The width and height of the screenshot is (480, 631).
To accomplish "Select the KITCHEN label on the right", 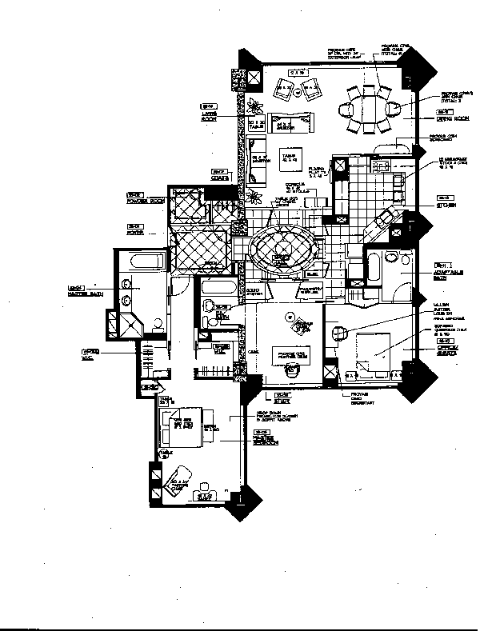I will pos(446,205).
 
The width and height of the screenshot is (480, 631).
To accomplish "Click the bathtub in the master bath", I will pos(142,261).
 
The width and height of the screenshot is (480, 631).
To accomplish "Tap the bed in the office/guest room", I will pos(374,353).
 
